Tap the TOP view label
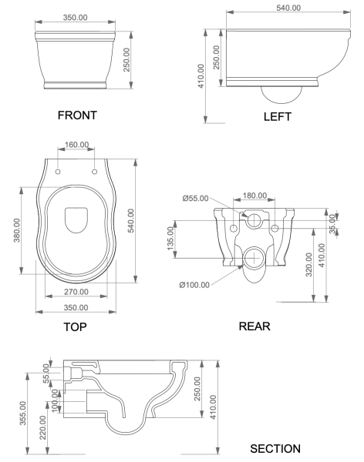point(76,326)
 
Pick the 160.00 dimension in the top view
point(76,145)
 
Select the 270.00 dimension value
point(76,293)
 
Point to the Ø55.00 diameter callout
point(198,198)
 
